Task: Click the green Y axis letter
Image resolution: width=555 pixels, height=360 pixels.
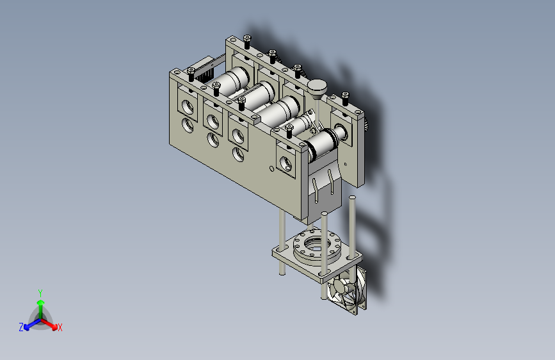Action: pos(40,293)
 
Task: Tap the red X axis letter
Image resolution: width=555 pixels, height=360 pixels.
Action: pos(60,327)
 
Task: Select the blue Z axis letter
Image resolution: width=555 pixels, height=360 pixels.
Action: pos(21,327)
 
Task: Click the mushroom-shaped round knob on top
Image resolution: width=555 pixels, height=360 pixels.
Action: pos(317,87)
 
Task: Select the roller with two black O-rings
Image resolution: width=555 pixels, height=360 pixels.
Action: pos(325,143)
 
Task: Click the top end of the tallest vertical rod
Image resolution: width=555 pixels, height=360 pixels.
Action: pos(352,197)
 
